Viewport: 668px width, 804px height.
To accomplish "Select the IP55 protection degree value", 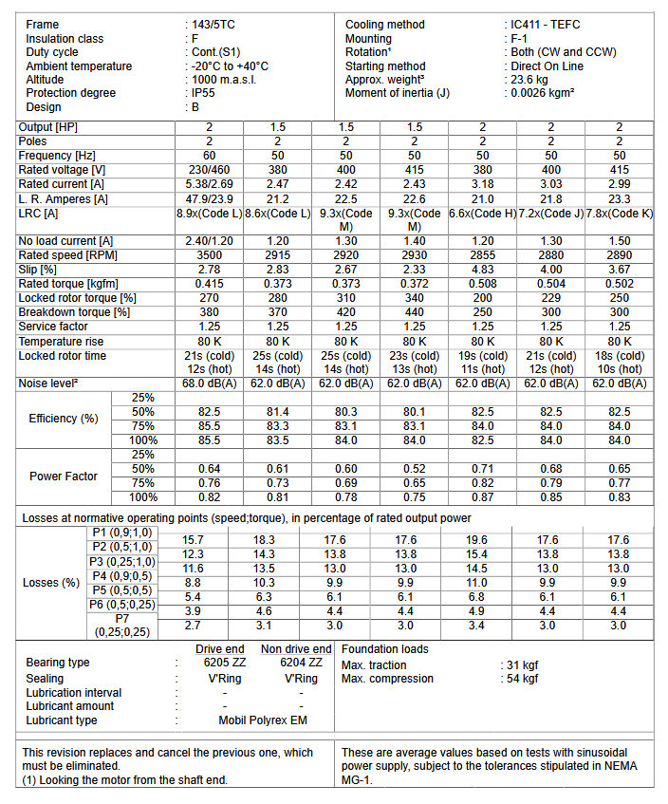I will (204, 93).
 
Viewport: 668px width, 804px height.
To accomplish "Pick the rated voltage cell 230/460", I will (210, 170).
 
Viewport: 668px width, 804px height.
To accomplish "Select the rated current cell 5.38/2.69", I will (210, 184).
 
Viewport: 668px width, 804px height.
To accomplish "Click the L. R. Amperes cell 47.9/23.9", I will (210, 198).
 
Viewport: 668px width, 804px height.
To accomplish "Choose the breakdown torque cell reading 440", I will (415, 312).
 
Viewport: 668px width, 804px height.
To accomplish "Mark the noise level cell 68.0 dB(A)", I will (210, 383).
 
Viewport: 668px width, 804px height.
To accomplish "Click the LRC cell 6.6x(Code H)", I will (483, 214).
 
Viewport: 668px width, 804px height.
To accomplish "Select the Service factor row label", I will (55, 327).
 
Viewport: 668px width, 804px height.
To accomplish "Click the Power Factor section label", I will (64, 476).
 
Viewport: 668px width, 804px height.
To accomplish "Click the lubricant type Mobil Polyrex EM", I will (263, 720).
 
